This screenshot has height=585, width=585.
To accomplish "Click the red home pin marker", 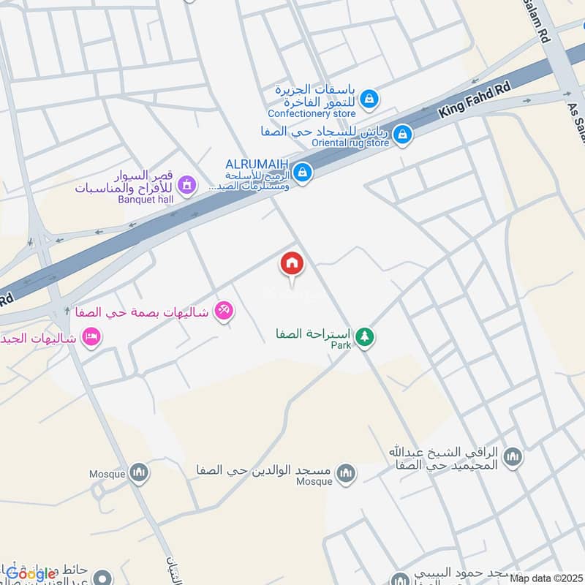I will pyautogui.click(x=292, y=265).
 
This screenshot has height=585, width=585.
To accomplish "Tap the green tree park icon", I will pyautogui.click(x=365, y=337).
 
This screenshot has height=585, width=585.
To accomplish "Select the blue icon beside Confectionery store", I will pyautogui.click(x=370, y=98).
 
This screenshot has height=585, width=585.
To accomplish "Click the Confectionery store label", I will pyautogui.click(x=312, y=114).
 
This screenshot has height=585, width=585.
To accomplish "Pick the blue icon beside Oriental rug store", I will pyautogui.click(x=401, y=135).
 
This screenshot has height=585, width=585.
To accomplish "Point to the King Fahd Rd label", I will pyautogui.click(x=473, y=101).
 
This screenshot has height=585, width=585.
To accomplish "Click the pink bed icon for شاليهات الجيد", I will pyautogui.click(x=92, y=337).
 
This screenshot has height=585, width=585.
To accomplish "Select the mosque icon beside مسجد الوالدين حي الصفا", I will pyautogui.click(x=346, y=472).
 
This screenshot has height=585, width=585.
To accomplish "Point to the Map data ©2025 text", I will pyautogui.click(x=546, y=578).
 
